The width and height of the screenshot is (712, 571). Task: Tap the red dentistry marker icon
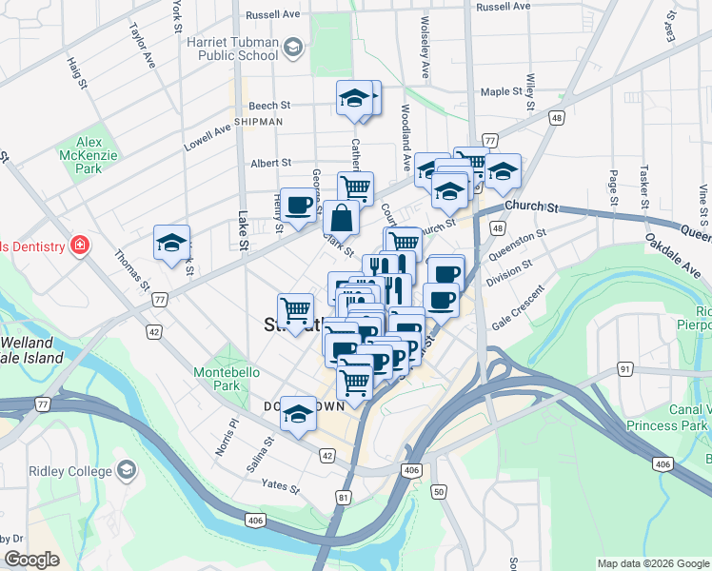[x=81, y=246]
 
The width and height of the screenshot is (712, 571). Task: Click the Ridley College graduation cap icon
[x=126, y=470]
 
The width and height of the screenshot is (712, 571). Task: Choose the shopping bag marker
[x=341, y=219]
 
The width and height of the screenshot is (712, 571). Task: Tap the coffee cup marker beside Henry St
[x=298, y=205]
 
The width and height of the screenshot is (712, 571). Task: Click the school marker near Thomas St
[x=171, y=243]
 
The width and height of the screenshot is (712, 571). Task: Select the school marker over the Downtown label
[x=298, y=413]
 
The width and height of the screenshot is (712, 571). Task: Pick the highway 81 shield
[x=344, y=497]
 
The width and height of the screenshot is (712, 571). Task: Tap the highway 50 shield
[x=438, y=491]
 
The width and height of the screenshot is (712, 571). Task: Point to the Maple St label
[x=504, y=92]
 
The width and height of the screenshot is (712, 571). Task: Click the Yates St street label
[x=281, y=488]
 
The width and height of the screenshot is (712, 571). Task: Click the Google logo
[x=31, y=560]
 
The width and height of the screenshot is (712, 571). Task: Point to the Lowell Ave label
[x=208, y=139]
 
